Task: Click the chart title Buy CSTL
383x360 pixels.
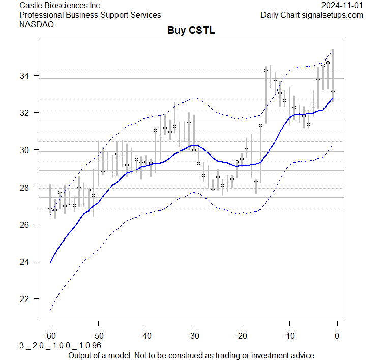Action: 191,31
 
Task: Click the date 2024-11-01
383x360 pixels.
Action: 342,6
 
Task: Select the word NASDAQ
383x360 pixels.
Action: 36,24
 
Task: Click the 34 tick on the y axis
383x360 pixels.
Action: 25,76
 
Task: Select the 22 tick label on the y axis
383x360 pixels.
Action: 25,298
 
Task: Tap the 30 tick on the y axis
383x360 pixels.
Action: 25,150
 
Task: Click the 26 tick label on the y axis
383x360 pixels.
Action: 25,224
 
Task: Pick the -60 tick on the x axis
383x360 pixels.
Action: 50,336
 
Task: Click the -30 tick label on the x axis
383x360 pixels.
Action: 193,336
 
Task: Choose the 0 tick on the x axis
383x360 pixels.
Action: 337,336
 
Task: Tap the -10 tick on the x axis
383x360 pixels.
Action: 289,336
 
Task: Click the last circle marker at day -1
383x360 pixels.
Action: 333,92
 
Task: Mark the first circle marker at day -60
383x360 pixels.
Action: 50,208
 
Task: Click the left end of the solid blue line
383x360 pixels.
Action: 50,262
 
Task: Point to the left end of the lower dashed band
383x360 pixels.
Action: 50,310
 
